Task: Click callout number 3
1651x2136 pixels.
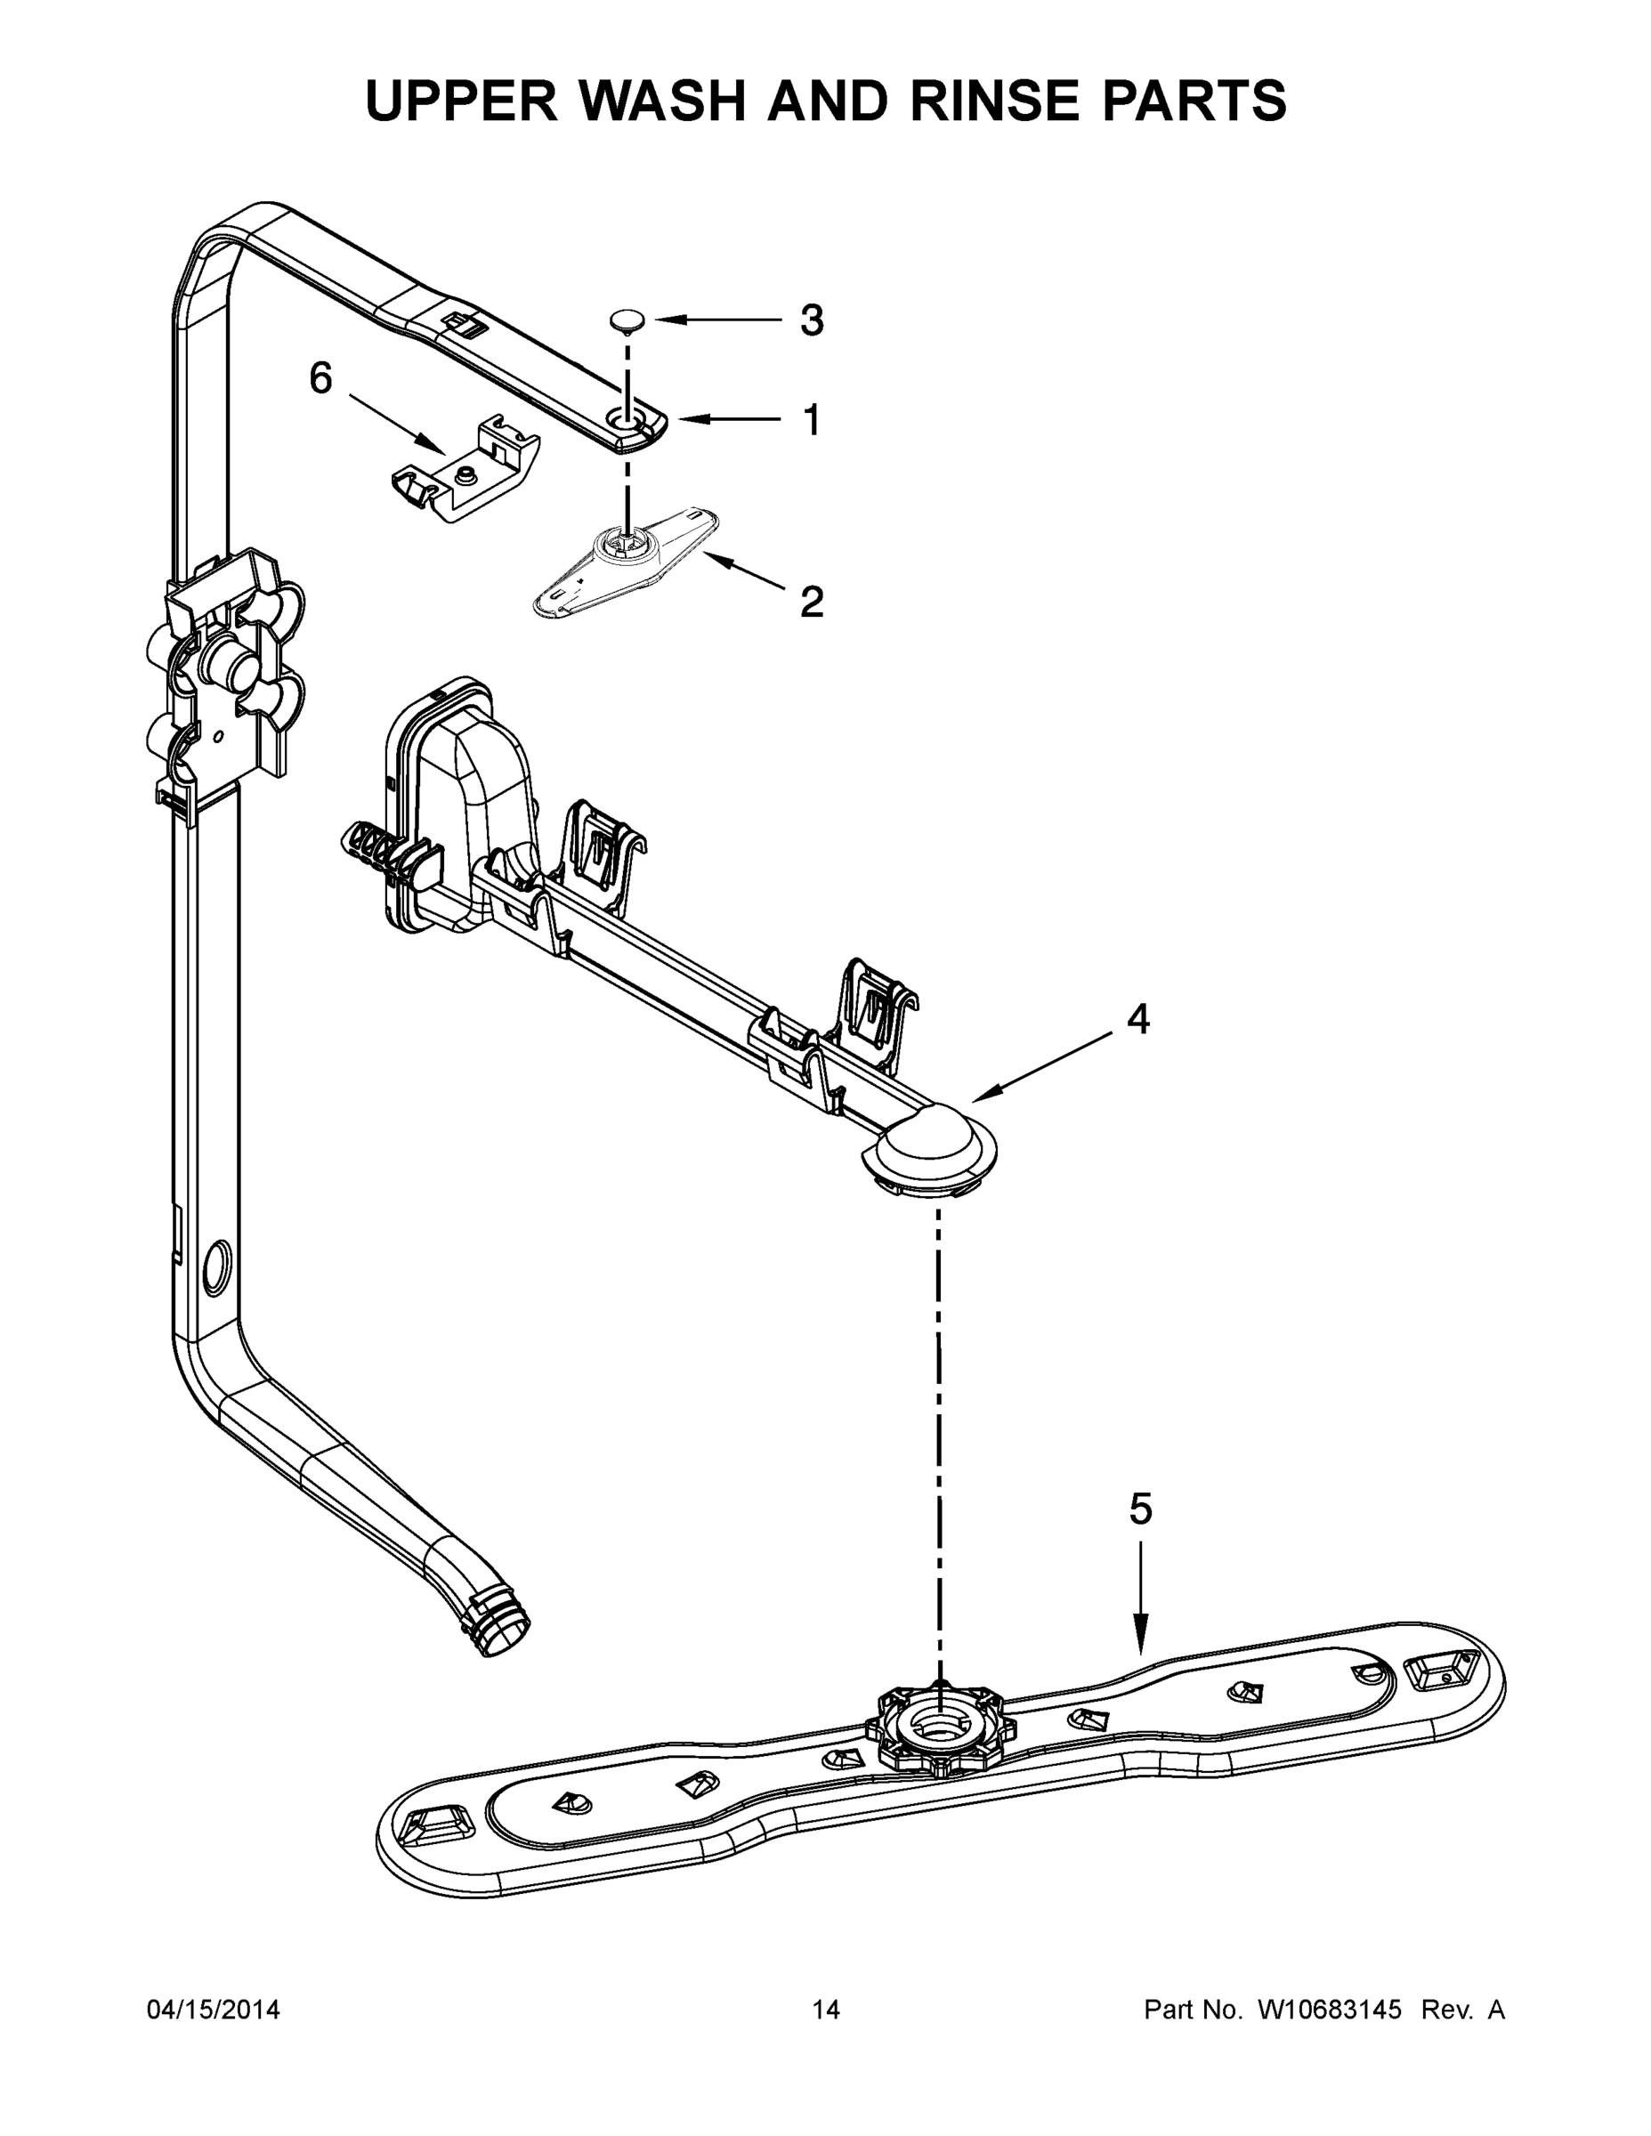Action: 811,320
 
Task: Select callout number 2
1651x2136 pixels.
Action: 811,602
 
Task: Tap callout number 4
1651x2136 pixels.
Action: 1137,1019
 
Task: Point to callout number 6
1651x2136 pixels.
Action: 320,377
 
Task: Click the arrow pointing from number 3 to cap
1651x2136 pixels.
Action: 719,320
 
